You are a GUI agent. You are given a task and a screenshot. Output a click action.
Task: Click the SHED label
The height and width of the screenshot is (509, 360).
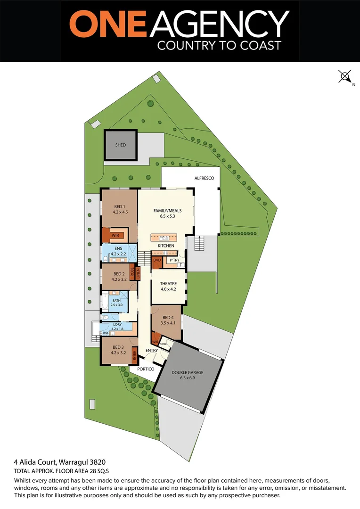pyautogui.click(x=121, y=145)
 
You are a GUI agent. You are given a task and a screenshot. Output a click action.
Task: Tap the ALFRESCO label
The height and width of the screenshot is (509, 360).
pyautogui.click(x=205, y=178)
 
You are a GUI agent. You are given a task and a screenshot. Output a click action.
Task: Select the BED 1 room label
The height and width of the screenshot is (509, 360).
pyautogui.click(x=120, y=206)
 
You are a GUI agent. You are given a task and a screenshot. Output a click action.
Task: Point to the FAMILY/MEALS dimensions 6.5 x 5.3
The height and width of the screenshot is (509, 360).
pyautogui.click(x=167, y=217)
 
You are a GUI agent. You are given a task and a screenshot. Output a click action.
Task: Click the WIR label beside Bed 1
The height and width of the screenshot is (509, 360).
pyautogui.click(x=115, y=235)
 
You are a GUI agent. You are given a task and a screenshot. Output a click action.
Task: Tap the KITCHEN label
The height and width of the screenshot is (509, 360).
pyautogui.click(x=166, y=246)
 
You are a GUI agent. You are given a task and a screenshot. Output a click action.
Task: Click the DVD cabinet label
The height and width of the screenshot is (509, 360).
pyautogui.click(x=156, y=260)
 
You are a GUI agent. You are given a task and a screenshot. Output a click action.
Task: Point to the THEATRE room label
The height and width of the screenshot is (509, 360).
pyautogui.click(x=168, y=283)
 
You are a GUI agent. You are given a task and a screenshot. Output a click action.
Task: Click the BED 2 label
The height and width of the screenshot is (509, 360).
pyautogui.click(x=120, y=273)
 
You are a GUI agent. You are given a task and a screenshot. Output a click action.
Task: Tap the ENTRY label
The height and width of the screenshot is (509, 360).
pyautogui.click(x=152, y=350)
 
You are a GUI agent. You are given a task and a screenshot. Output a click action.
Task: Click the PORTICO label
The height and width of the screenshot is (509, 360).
pyautogui.click(x=146, y=369)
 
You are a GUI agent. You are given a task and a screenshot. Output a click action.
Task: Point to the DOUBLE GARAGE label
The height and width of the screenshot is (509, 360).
pyautogui.click(x=188, y=372)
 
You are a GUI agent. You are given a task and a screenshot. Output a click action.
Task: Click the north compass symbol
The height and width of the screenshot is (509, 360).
pyautogui.click(x=345, y=76)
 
